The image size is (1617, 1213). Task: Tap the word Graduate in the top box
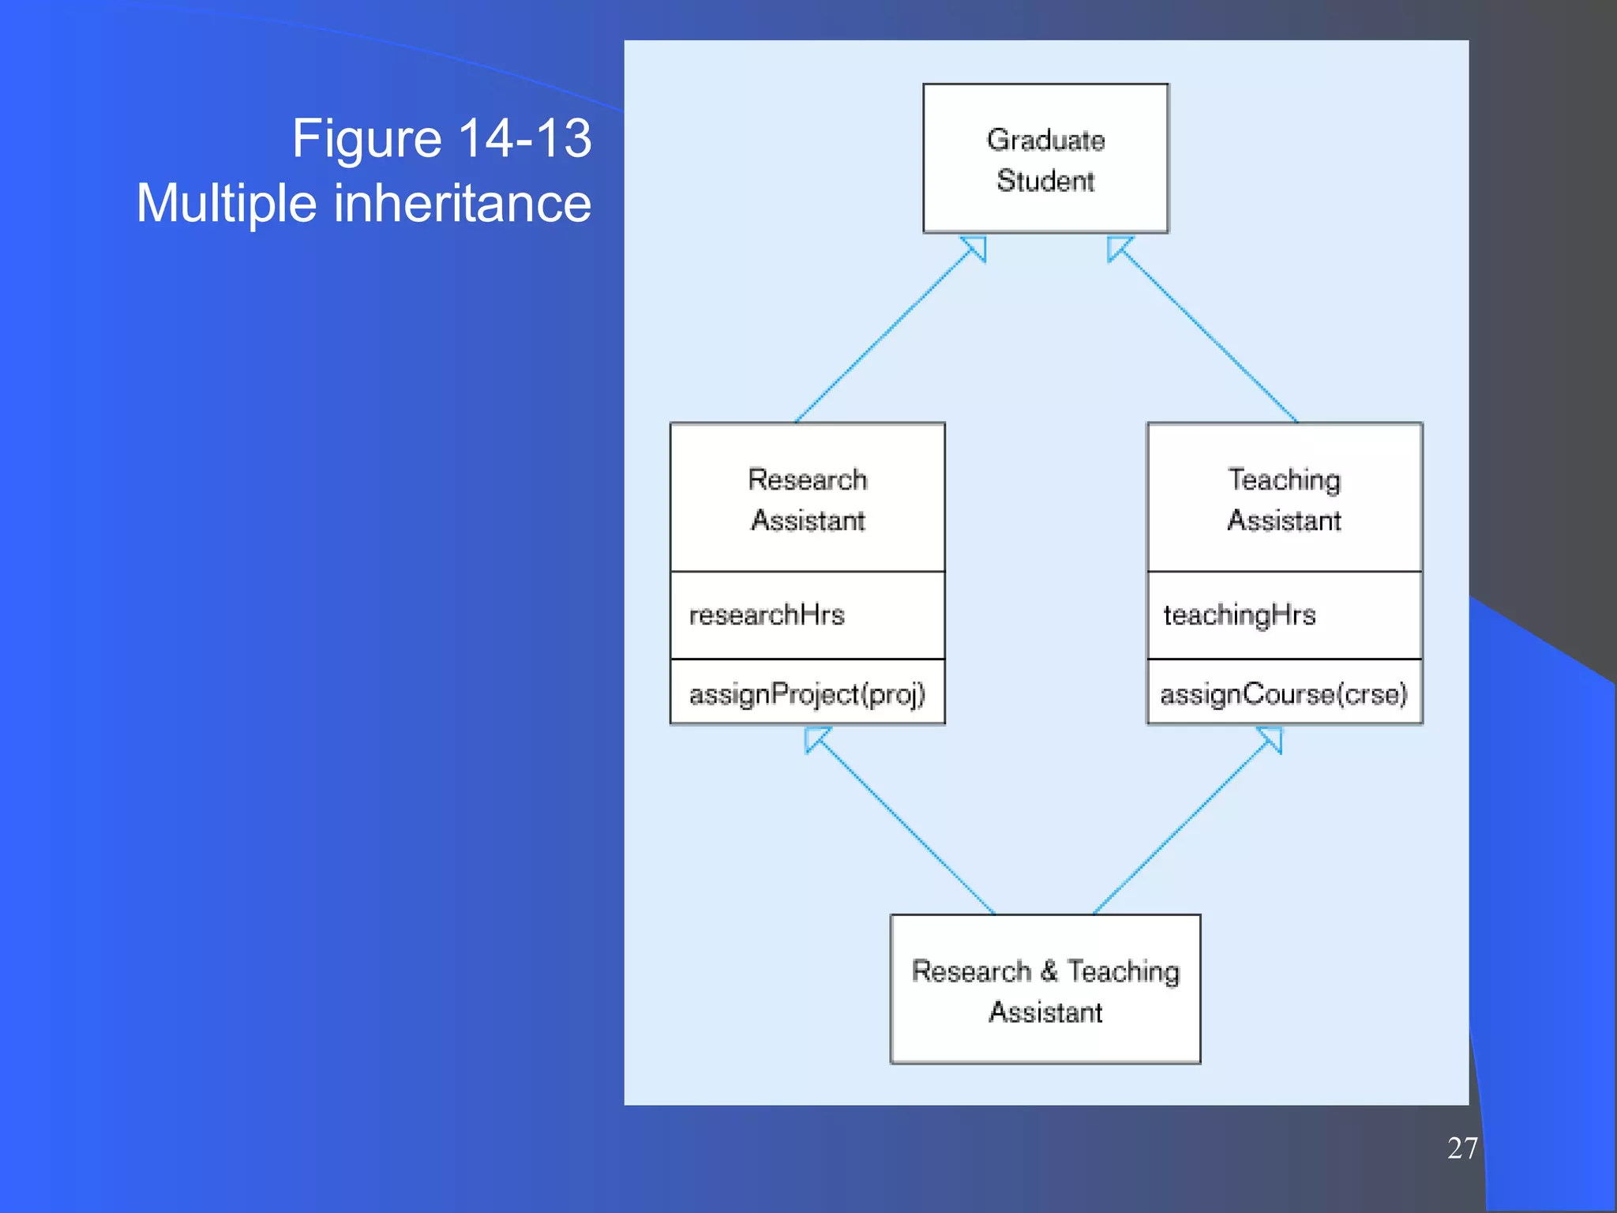point(1045,140)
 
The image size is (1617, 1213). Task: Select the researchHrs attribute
point(767,614)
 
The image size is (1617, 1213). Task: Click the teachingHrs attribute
point(1239,614)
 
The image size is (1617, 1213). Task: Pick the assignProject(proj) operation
point(806,693)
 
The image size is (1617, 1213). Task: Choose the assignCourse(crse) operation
point(1284,693)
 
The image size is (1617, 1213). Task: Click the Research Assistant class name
point(807,500)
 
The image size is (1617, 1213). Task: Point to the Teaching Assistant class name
point(1284,500)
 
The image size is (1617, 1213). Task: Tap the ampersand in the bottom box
point(1049,971)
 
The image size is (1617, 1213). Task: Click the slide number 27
point(1461,1148)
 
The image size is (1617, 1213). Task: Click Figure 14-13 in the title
point(441,138)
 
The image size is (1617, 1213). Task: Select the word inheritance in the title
point(463,203)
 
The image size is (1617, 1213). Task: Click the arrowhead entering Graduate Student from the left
point(977,247)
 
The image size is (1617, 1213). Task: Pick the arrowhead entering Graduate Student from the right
point(1117,247)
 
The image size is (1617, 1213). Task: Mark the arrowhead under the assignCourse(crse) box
point(1272,738)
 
